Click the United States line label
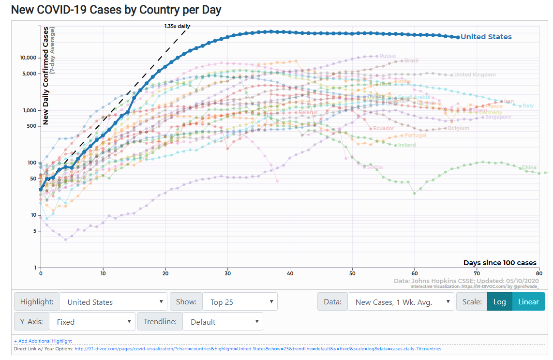(x=486, y=37)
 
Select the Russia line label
(x=388, y=56)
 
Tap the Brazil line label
(x=411, y=61)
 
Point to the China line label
(x=529, y=168)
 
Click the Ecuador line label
(x=383, y=129)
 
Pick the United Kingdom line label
(x=475, y=75)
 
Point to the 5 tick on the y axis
(x=34, y=231)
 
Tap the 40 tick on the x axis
(x=290, y=273)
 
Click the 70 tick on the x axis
(x=477, y=273)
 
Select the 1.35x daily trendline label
(x=177, y=26)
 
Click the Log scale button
(x=499, y=302)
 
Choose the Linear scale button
(x=528, y=302)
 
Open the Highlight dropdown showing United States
(x=113, y=302)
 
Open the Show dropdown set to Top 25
(x=240, y=302)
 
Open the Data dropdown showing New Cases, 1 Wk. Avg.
(x=401, y=302)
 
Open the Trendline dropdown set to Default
(x=223, y=322)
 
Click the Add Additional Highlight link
(x=43, y=341)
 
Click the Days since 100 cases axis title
(x=500, y=263)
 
